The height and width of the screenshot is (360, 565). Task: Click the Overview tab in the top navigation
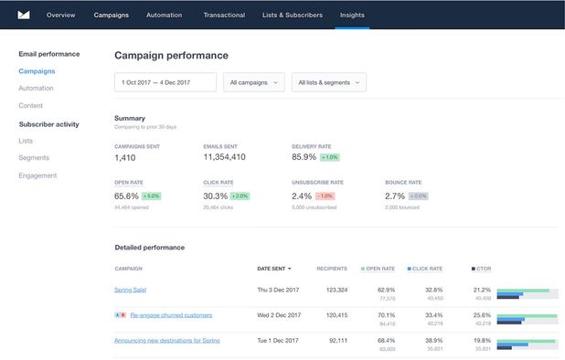pos(60,15)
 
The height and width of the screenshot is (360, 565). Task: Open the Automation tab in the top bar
pos(163,15)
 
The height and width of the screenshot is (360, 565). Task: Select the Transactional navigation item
pos(224,15)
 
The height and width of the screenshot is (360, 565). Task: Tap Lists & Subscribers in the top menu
pos(293,15)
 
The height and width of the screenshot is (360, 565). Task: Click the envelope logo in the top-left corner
pos(24,15)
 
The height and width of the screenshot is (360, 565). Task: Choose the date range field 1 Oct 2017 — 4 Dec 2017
pos(165,82)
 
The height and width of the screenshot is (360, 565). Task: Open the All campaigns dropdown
pos(254,82)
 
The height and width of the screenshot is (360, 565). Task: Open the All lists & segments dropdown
pos(328,82)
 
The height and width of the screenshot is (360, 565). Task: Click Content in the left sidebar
pos(31,106)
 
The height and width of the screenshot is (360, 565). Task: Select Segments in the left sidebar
pos(34,158)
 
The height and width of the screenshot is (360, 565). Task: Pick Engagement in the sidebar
pos(37,175)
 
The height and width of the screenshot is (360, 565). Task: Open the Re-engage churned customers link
pos(171,315)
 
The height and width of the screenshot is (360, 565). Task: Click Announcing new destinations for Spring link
pos(167,341)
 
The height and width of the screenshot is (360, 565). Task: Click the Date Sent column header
pos(274,269)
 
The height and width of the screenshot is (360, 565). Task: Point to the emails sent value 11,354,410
pos(225,157)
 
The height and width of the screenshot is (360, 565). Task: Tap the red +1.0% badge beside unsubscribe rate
pos(325,196)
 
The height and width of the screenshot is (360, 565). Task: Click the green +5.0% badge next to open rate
pos(152,196)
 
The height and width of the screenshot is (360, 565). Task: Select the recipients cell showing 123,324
pos(331,290)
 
